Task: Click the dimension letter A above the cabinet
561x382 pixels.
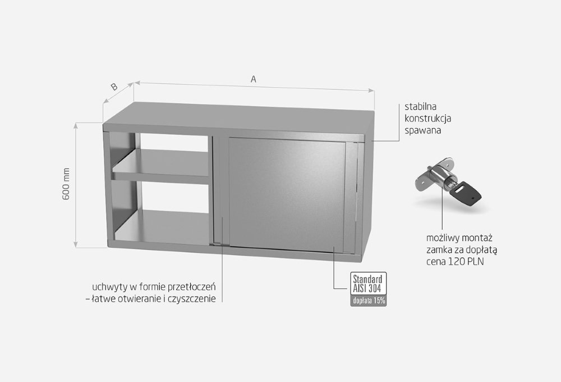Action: tap(254, 79)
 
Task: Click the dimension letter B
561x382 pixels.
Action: tap(114, 87)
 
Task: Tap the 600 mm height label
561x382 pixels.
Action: tap(66, 184)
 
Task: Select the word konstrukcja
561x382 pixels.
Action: tap(427, 119)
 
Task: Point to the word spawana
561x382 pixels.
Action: tap(422, 130)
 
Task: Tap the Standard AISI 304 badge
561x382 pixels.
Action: tap(368, 284)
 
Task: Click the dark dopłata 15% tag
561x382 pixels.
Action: tap(369, 301)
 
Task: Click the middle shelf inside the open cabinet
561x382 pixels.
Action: tap(160, 165)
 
